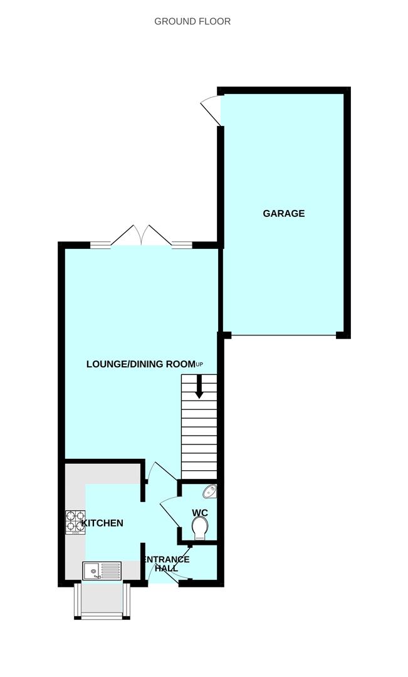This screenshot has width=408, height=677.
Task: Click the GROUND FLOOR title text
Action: (x=192, y=21)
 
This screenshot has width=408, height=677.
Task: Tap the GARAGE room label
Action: (x=283, y=213)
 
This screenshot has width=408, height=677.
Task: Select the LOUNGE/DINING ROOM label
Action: (x=141, y=364)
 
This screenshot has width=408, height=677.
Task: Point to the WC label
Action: (x=200, y=513)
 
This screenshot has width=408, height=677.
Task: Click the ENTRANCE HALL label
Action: (x=166, y=563)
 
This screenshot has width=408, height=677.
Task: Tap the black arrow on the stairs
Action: (x=199, y=387)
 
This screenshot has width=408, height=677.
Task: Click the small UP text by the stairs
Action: (x=200, y=364)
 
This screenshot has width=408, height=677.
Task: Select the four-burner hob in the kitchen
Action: (x=75, y=522)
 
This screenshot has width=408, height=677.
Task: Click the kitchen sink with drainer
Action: (x=102, y=570)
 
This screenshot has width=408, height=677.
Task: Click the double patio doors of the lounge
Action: (x=142, y=236)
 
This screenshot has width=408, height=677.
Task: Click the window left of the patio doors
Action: (x=100, y=245)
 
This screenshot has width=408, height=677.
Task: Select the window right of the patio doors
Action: (x=182, y=245)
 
